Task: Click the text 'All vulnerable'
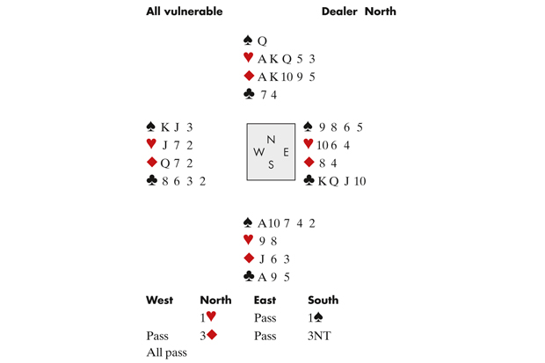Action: (184, 12)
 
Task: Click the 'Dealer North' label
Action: (359, 12)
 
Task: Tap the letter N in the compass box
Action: (271, 140)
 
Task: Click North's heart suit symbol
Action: (249, 59)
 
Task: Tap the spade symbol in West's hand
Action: (153, 127)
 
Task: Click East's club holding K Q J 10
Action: (341, 181)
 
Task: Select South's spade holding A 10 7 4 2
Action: (280, 223)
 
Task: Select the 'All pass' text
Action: (166, 353)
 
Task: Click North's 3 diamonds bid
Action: (210, 336)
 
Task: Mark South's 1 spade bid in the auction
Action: (316, 318)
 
